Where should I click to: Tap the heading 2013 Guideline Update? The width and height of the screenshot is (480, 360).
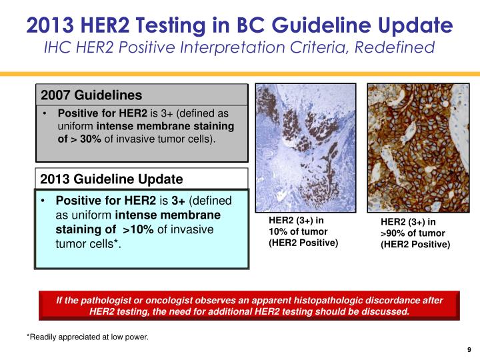(111, 179)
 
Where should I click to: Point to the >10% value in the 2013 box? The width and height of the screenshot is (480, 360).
(137, 229)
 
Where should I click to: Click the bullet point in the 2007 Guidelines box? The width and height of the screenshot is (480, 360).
(44, 113)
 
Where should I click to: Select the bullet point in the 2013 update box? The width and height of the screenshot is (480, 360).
(42, 201)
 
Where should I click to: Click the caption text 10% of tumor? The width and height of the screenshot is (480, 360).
(297, 231)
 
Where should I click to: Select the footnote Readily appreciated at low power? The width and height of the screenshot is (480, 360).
(87, 337)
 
